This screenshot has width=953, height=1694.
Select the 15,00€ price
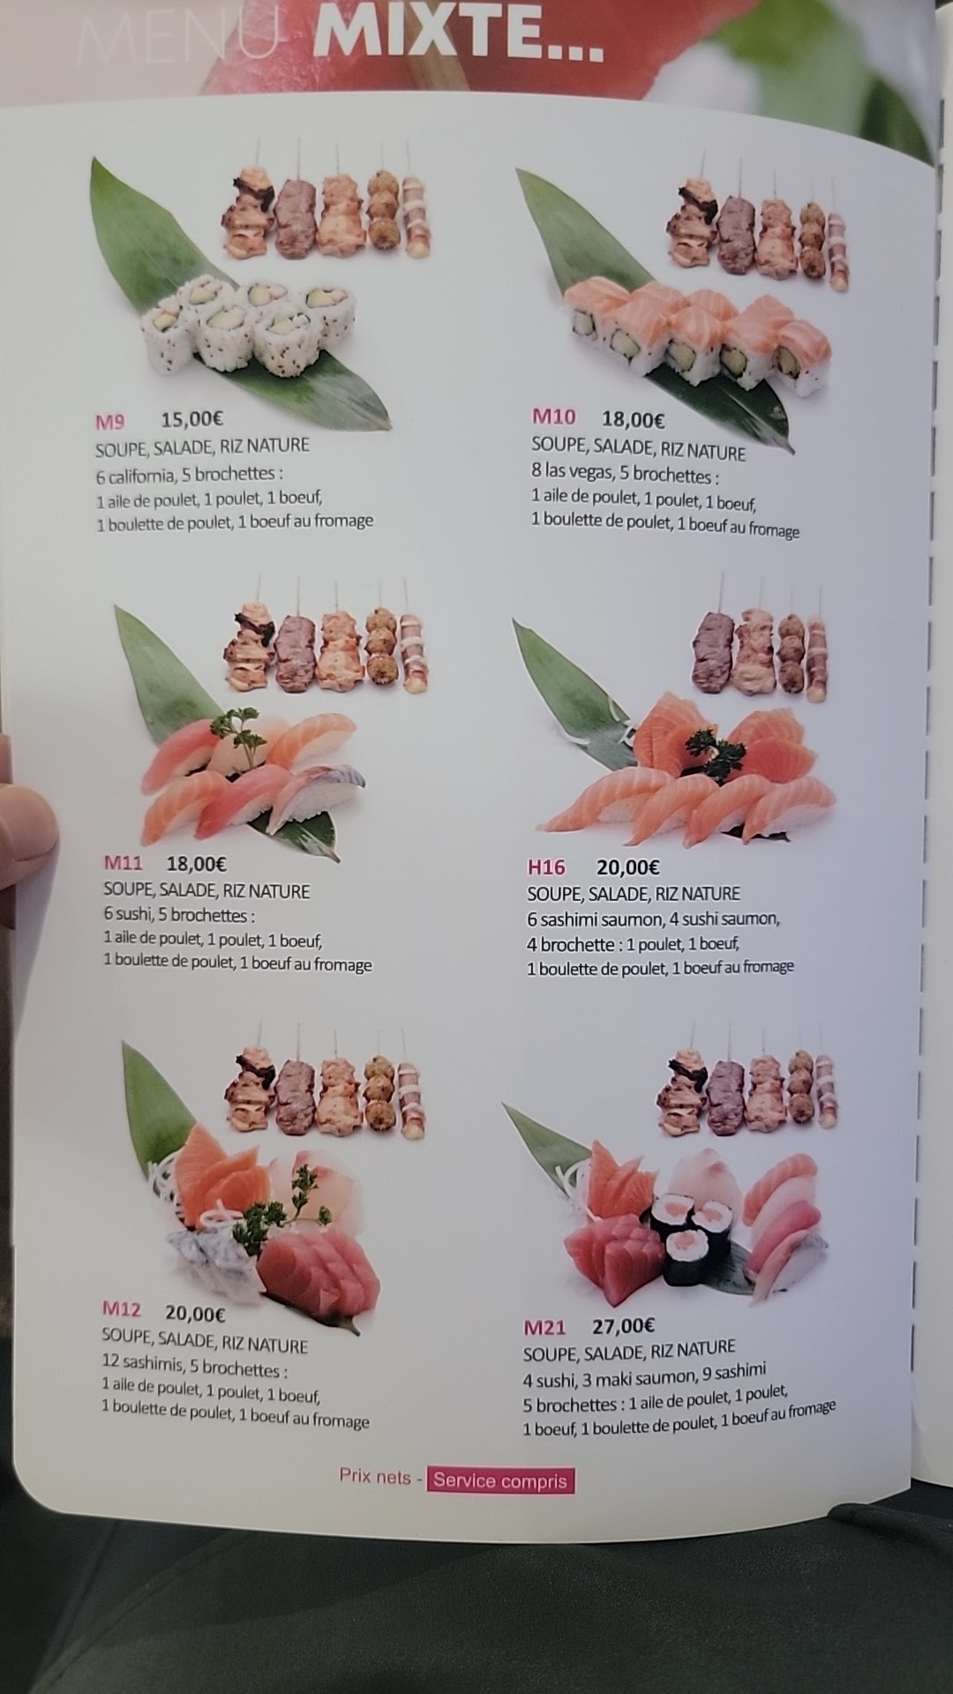click(191, 420)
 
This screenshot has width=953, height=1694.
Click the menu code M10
click(553, 416)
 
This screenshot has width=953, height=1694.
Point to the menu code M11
click(123, 864)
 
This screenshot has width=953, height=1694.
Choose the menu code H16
click(547, 867)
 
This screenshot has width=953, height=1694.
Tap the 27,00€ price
click(624, 1325)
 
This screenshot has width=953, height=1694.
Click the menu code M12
click(122, 1309)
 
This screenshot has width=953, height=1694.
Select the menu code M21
click(544, 1327)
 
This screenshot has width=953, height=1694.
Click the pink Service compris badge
click(500, 1480)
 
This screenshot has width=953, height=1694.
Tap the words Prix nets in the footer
click(376, 1476)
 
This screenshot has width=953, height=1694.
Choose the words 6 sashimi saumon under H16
click(594, 919)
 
